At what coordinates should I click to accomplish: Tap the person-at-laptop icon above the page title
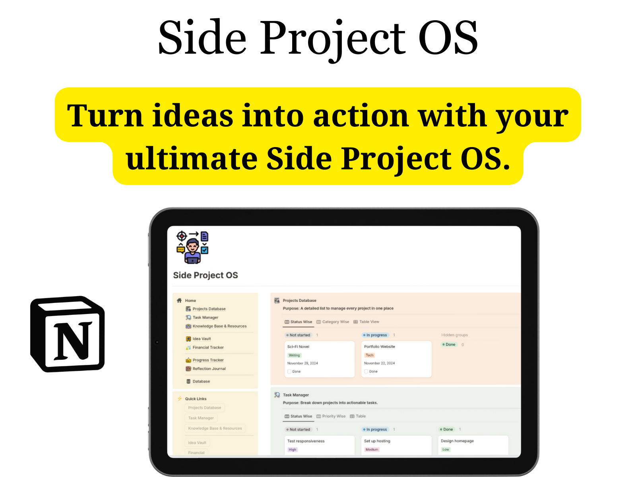click(x=192, y=247)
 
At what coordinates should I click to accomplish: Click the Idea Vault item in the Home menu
click(x=202, y=339)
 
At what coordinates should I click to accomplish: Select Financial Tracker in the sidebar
click(x=208, y=347)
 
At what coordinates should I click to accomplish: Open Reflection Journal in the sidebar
click(x=209, y=369)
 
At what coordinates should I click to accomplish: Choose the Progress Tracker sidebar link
click(x=208, y=360)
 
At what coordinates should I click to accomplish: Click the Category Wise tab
click(x=335, y=322)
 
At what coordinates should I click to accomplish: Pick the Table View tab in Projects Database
click(x=369, y=322)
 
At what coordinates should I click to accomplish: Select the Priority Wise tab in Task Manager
click(x=334, y=416)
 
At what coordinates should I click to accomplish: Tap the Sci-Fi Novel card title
click(x=298, y=347)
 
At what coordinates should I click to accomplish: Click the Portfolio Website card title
click(x=380, y=347)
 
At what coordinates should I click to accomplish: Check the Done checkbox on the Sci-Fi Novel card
click(x=289, y=372)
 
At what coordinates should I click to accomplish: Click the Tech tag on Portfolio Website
click(x=370, y=355)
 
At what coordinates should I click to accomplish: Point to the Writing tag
click(x=294, y=355)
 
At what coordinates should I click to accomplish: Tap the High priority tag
click(x=293, y=450)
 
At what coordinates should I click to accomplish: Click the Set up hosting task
click(x=377, y=441)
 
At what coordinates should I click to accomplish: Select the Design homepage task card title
click(x=457, y=441)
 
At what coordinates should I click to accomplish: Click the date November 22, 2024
click(x=380, y=363)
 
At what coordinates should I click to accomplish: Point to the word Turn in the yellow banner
click(x=105, y=116)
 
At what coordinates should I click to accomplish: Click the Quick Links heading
click(x=196, y=399)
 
